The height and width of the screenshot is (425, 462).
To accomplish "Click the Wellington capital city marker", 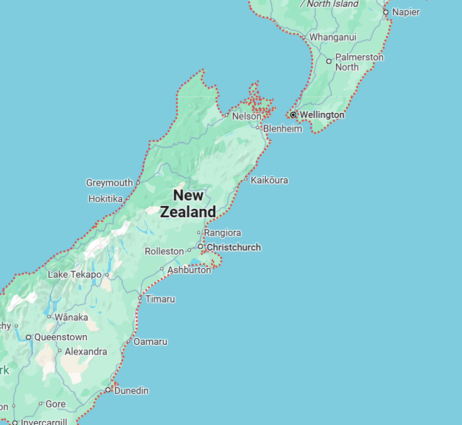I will point(293,115).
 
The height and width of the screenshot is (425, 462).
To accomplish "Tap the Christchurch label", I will point(234,247).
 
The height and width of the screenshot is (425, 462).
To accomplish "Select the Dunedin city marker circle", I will point(108,390).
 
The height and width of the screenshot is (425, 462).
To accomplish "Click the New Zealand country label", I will point(188,204).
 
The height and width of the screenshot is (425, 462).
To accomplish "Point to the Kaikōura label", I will point(269,180).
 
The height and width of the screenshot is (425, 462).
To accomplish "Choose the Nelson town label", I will point(247,116).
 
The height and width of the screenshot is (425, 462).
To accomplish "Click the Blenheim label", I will point(283,129).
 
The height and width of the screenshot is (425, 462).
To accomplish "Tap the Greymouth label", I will point(109,183).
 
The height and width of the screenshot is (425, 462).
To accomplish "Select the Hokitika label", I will point(105,199).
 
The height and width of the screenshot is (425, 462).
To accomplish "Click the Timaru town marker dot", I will point(140,298).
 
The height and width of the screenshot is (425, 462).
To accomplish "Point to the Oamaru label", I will point(150,342).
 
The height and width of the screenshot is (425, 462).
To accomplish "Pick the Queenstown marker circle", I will point(28,337).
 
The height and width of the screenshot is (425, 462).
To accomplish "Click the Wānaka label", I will point(71,317).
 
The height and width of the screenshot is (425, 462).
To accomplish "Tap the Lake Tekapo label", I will point(75,274).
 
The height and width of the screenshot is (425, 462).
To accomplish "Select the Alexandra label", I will point(86,351).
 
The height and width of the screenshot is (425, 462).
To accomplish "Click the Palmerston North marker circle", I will point(329,61).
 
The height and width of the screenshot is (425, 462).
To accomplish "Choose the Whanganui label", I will point(333,37).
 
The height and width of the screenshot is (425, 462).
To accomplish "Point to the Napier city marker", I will point(386,12).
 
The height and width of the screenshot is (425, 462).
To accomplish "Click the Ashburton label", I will point(189,270).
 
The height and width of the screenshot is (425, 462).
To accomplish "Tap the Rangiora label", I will point(223,233).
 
